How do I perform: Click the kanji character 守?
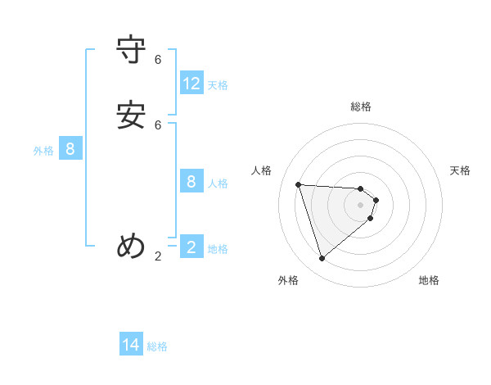point(132,51)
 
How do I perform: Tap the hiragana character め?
point(132,246)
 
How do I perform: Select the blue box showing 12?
point(191,84)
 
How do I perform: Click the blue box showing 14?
point(131,346)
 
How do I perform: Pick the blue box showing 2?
point(191,247)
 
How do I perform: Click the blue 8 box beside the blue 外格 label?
point(70,149)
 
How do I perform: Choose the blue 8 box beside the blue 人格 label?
point(191,182)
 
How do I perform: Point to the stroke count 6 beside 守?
point(158,60)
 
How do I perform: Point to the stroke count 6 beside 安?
point(158,125)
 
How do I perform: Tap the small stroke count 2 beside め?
point(158,256)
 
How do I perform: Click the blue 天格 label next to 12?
point(218,85)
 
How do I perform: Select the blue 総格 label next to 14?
point(157,347)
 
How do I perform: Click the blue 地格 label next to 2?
point(218,249)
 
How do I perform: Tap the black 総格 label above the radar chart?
point(361,106)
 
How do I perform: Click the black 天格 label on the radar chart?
point(460,170)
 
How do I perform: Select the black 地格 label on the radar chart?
point(429,280)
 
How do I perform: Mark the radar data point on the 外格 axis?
point(322,259)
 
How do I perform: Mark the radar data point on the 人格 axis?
point(298,184)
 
